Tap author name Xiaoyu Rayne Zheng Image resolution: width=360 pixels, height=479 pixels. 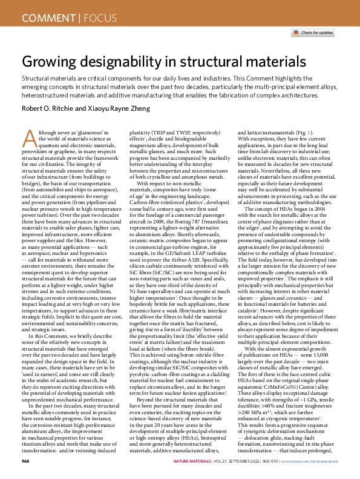tap(123, 108)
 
